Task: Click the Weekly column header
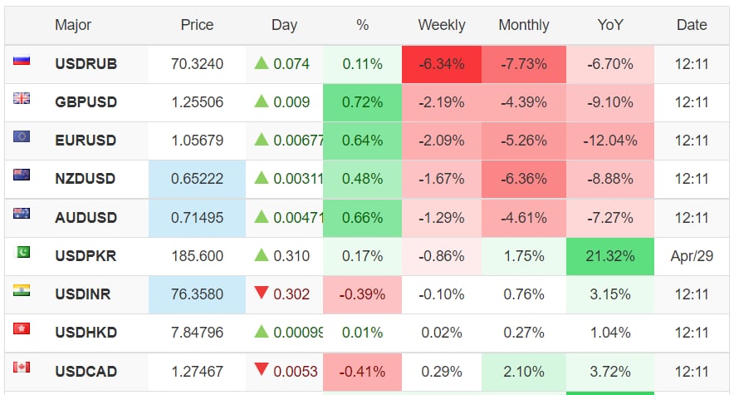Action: tap(442, 25)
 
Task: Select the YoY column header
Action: tap(610, 25)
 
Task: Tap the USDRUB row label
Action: tap(86, 64)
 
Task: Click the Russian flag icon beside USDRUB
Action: tap(22, 61)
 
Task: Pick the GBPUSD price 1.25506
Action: tap(197, 102)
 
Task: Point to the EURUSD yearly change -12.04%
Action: tap(610, 141)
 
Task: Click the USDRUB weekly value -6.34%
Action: tap(442, 64)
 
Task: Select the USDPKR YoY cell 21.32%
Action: tap(610, 256)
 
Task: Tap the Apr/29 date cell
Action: tap(691, 256)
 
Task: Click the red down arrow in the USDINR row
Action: tap(262, 294)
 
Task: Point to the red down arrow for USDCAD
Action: tap(262, 370)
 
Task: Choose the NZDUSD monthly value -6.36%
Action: tap(523, 179)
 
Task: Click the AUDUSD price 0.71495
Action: tap(197, 218)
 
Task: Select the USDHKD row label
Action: tap(86, 333)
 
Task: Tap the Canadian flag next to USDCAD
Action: tap(22, 367)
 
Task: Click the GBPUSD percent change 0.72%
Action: tap(362, 102)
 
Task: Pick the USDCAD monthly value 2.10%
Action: tap(523, 371)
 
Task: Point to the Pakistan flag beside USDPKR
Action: tap(22, 252)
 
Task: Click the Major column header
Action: tap(73, 25)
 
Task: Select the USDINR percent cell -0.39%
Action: tap(362, 294)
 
